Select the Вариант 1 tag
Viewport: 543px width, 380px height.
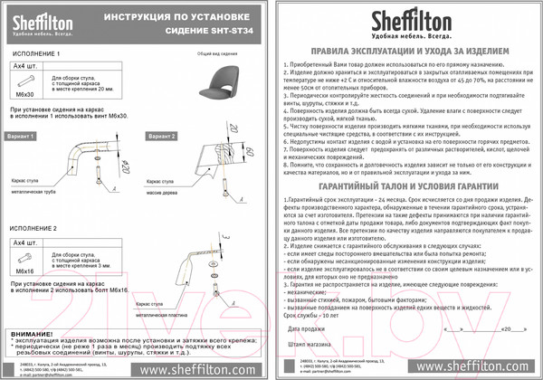pos(23,135)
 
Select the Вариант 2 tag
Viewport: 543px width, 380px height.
pos(157,135)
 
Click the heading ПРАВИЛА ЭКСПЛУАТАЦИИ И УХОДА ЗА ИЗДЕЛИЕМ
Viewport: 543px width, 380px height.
pos(403,54)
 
